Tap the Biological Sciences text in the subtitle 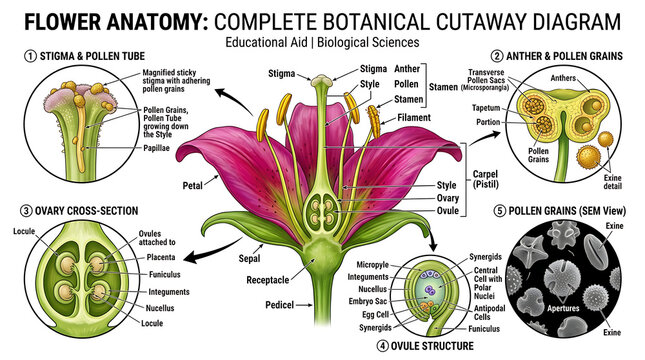[368, 42]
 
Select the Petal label [193, 186]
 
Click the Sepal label [249, 258]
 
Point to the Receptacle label [268, 280]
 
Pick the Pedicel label [279, 305]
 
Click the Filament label [414, 118]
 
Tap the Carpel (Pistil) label [485, 179]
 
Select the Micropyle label [372, 265]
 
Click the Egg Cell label [375, 315]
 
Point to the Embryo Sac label [367, 302]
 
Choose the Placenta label [161, 257]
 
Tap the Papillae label [156, 148]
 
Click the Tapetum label [486, 108]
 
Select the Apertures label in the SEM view [563, 308]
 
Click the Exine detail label [613, 182]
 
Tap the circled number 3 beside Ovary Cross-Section [26, 211]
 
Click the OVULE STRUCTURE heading [432, 346]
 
